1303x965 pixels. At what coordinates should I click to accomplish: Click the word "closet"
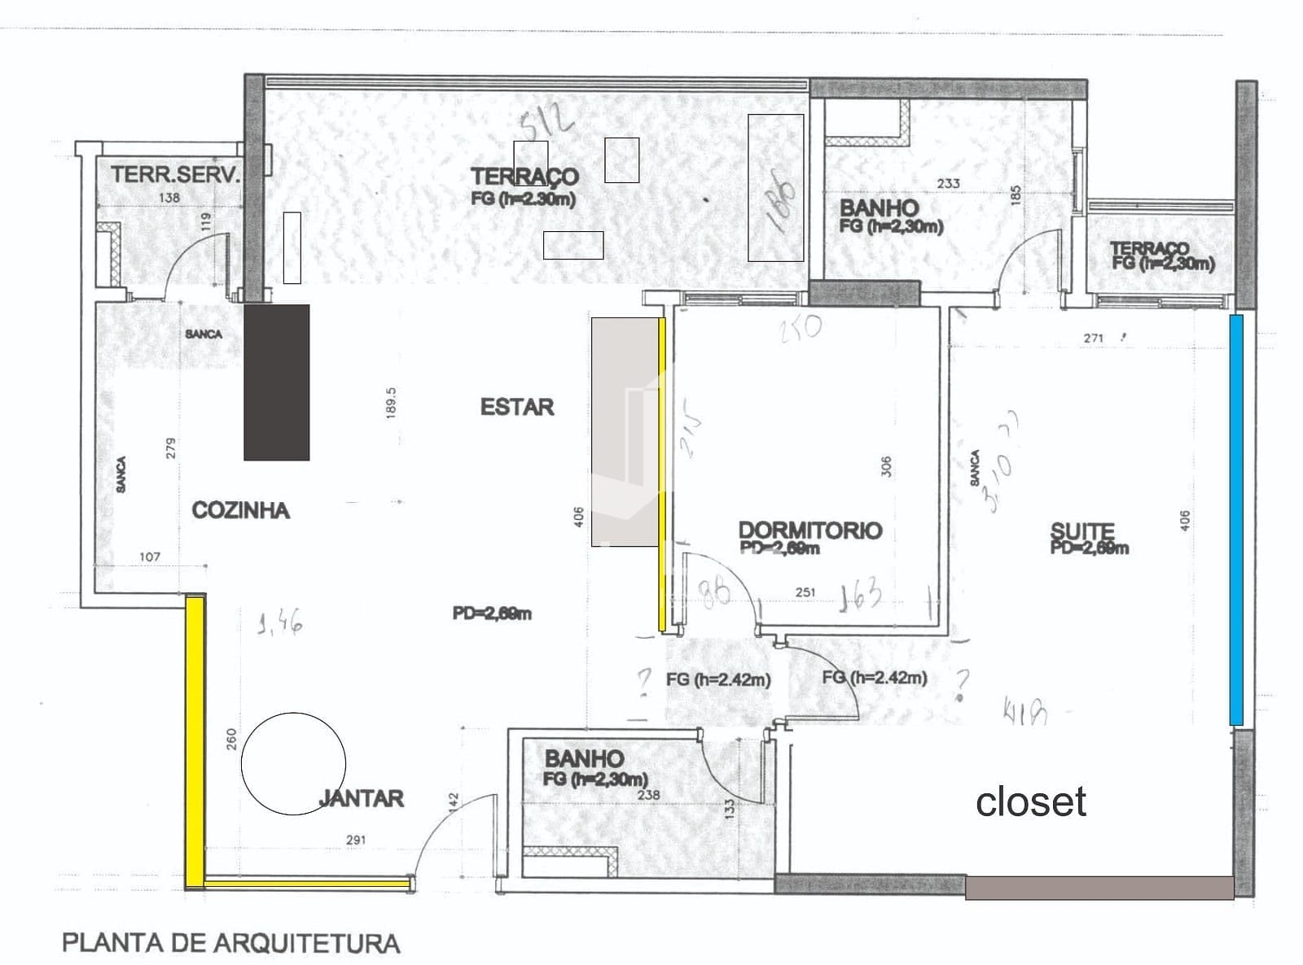tap(1030, 802)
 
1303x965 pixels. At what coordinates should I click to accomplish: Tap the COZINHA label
tap(240, 510)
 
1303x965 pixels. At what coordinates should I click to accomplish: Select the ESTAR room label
tap(517, 407)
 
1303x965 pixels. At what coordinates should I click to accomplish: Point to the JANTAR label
tap(362, 798)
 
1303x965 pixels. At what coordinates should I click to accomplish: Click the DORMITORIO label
tap(809, 531)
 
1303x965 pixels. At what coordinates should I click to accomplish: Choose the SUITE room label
tap(1082, 532)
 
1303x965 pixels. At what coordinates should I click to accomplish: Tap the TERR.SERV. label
tap(176, 174)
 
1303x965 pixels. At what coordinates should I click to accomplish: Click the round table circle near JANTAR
tap(293, 763)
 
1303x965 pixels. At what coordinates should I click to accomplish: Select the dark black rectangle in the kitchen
tap(277, 382)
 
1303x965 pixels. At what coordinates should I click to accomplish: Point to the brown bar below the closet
tap(1099, 888)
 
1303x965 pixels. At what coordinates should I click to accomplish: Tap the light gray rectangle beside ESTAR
tap(625, 431)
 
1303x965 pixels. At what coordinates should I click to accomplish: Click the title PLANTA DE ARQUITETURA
tap(231, 943)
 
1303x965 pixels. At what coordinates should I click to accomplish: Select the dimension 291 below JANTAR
tap(356, 840)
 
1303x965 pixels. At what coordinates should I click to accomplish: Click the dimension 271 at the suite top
tap(1094, 338)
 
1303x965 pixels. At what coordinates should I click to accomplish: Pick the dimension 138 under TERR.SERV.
tap(169, 197)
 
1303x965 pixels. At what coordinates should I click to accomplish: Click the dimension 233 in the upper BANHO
tap(948, 184)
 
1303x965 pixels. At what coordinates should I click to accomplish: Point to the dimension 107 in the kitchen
tap(150, 557)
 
